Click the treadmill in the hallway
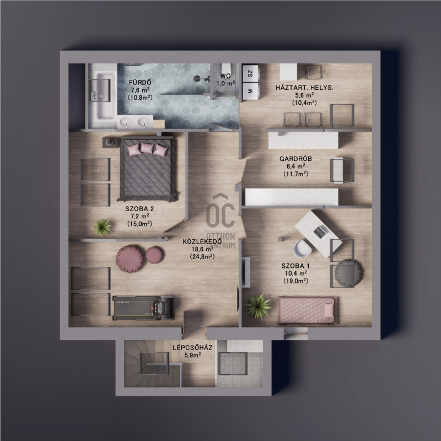click(143, 308)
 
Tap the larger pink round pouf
click(130, 259)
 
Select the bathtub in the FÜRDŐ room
click(102, 95)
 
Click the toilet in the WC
click(226, 69)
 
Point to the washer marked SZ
click(250, 74)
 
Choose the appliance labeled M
click(250, 91)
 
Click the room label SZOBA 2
click(139, 209)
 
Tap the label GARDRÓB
click(295, 159)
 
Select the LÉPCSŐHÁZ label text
click(192, 348)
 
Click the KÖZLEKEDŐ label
click(202, 241)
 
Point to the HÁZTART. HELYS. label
click(304, 88)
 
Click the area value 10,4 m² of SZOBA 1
click(295, 273)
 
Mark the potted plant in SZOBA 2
click(103, 227)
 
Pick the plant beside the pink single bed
click(258, 306)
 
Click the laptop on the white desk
click(320, 232)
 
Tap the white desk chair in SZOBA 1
click(302, 249)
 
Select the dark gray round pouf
click(348, 273)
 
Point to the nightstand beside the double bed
click(110, 142)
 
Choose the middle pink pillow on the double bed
click(147, 148)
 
